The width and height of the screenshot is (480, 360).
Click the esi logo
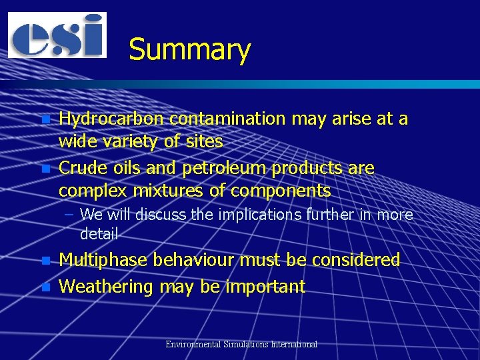coord(57,35)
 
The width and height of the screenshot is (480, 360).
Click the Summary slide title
coord(189,50)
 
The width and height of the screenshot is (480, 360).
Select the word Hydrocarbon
coord(111,119)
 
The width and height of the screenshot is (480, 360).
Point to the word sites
coord(205,142)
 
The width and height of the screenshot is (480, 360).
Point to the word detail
coord(99,234)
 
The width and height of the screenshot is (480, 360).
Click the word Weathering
coord(106,287)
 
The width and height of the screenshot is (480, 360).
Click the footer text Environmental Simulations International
coord(241,345)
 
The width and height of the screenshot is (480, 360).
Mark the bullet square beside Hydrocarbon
coord(45,120)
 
